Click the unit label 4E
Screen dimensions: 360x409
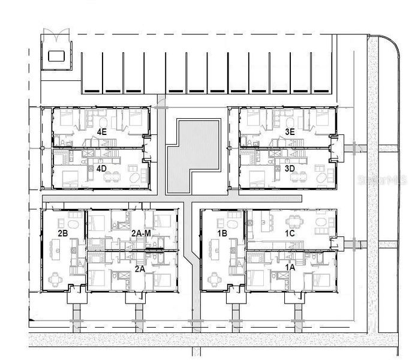101,131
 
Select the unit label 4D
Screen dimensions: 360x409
101,169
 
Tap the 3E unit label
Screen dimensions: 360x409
289,131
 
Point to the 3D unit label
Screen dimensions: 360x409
289,169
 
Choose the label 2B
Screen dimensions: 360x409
63,232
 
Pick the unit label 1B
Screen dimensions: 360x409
221,232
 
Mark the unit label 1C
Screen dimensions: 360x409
289,232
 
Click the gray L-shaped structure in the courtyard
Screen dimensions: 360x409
192,155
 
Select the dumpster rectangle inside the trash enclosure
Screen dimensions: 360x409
56,56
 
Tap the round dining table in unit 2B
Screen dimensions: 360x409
56,277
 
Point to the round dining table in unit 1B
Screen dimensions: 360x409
214,277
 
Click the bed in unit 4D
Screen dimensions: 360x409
67,179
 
